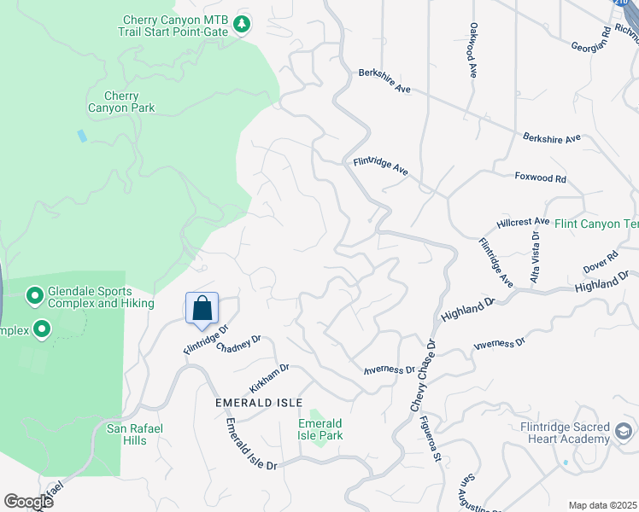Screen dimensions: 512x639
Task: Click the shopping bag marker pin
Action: pyautogui.click(x=202, y=309)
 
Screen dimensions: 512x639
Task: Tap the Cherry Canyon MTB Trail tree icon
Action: pyautogui.click(x=243, y=25)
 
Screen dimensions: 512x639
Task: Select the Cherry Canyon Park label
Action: pyautogui.click(x=121, y=102)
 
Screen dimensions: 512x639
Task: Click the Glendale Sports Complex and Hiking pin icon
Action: pyautogui.click(x=35, y=296)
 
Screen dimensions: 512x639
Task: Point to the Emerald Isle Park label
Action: pyautogui.click(x=320, y=429)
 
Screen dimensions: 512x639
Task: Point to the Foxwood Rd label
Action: pyautogui.click(x=540, y=178)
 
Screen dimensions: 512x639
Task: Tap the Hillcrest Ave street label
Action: pyautogui.click(x=523, y=222)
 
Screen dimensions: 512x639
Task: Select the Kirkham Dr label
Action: pyautogui.click(x=270, y=376)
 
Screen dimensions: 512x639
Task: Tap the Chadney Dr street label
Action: pyautogui.click(x=238, y=344)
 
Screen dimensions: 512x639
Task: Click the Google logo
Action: pyautogui.click(x=28, y=501)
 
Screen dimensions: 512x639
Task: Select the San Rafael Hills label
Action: pyautogui.click(x=128, y=434)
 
